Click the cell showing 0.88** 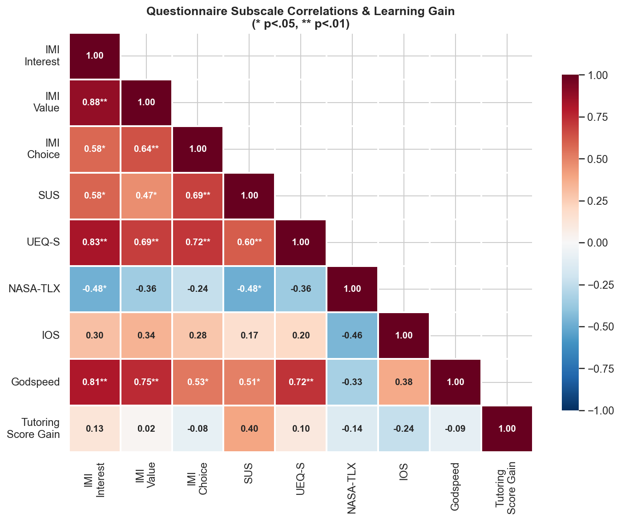pyautogui.click(x=95, y=103)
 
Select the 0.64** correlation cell pyautogui.click(x=146, y=149)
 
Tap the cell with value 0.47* pyautogui.click(x=146, y=195)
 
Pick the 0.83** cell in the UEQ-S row pyautogui.click(x=95, y=242)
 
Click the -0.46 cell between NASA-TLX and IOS pyautogui.click(x=352, y=335)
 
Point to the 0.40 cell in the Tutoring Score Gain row pyautogui.click(x=249, y=429)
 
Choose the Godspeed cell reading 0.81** pyautogui.click(x=95, y=382)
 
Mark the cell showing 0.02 pyautogui.click(x=146, y=429)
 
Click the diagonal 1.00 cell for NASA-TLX pyautogui.click(x=352, y=289)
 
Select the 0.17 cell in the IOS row pyautogui.click(x=249, y=335)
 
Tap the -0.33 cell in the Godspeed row pyautogui.click(x=352, y=382)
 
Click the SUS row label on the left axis pyautogui.click(x=49, y=195)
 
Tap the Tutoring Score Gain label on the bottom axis pyautogui.click(x=507, y=489)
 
